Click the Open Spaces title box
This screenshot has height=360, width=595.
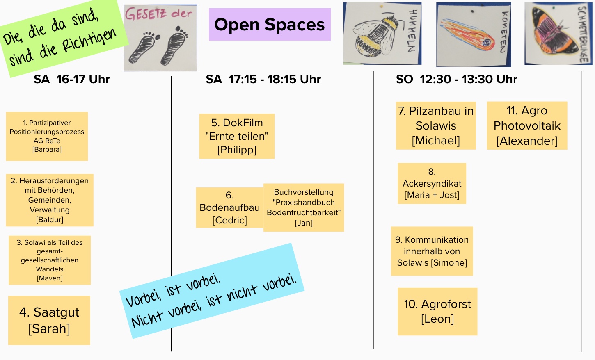pos(270,25)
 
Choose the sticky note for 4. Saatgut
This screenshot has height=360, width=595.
pos(49,320)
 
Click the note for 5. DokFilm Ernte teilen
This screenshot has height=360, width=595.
pos(237,136)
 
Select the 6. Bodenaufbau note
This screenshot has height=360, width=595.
pos(229,207)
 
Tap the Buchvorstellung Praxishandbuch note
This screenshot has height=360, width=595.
pos(304,207)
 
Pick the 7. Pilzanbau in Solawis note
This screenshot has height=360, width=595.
pos(436,125)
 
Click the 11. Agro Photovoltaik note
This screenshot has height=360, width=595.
pos(527,125)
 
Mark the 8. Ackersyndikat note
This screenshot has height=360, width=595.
pos(432,183)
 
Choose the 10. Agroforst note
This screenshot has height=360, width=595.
pos(437,312)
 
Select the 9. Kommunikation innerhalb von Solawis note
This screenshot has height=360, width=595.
pos(432,251)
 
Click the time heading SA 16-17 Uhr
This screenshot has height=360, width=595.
pos(72,79)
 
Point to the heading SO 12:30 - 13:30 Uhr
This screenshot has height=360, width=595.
pos(456,79)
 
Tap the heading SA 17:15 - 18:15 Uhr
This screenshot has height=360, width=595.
pos(263,79)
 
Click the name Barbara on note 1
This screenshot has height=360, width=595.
pos(47,150)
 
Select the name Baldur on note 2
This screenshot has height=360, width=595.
pos(50,220)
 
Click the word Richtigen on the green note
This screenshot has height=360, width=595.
pos(89,42)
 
